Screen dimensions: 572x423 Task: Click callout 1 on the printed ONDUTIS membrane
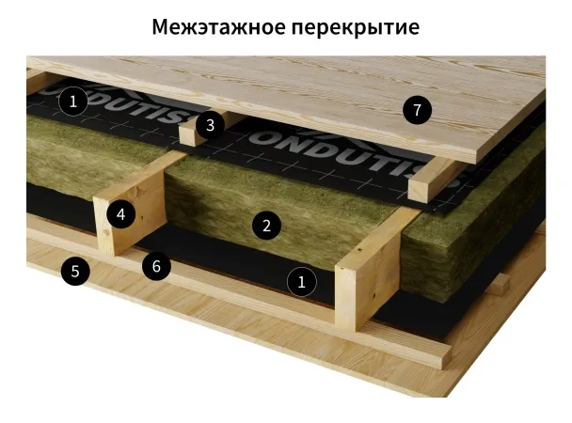[x=73, y=101]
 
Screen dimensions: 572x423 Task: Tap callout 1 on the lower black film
[x=301, y=282]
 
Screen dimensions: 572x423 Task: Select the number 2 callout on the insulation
[x=266, y=226]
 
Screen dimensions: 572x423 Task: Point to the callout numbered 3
[x=210, y=125]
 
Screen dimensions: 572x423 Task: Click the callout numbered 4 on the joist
[x=121, y=214]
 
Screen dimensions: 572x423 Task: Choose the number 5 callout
[x=75, y=271]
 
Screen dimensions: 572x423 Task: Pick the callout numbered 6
[x=156, y=266]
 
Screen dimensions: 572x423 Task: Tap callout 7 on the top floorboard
[x=417, y=110]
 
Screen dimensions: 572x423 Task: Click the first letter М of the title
[x=160, y=26]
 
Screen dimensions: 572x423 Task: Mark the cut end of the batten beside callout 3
[x=189, y=136]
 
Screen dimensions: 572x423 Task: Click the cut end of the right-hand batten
[x=418, y=189]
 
